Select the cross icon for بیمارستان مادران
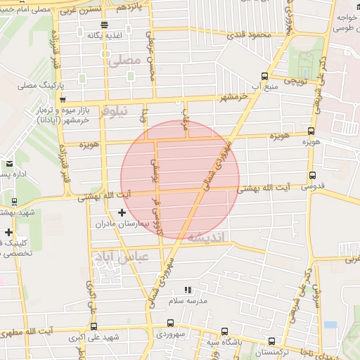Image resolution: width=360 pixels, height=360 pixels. pos(122,212)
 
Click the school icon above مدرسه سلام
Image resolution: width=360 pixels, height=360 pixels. pos(187,289)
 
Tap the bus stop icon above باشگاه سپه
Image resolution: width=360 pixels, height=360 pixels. pos(224,331)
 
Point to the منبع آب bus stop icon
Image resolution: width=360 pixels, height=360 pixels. pos(264,76)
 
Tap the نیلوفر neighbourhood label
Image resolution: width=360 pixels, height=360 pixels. pos(113,110)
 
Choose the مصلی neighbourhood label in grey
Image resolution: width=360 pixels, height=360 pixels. pos(125,61)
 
